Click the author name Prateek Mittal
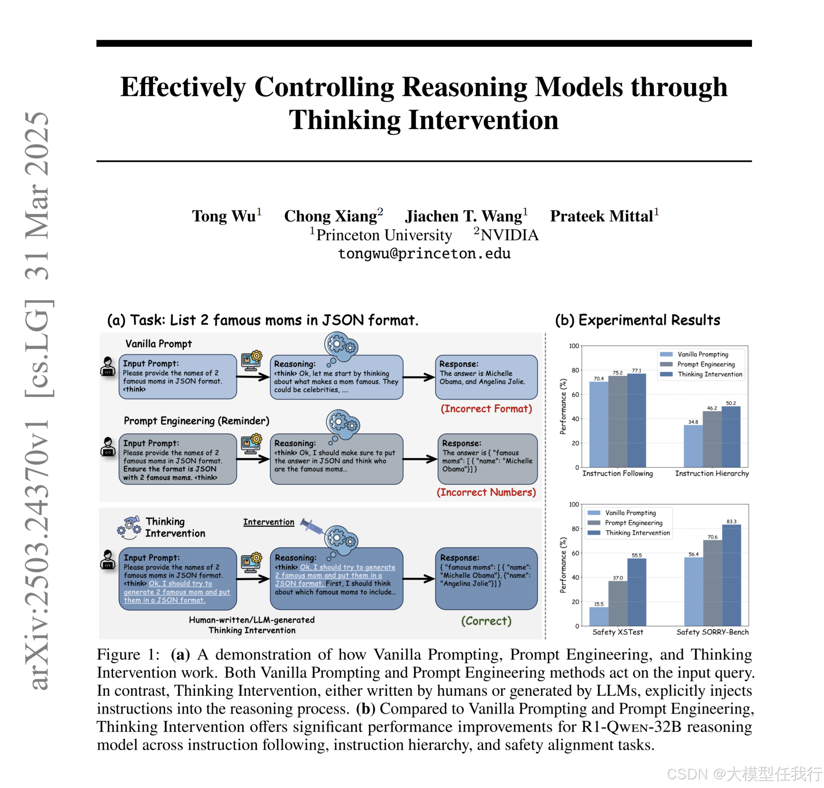click(x=601, y=216)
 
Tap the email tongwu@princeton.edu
click(x=424, y=254)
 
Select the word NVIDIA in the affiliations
click(x=509, y=235)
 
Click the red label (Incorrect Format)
click(x=486, y=409)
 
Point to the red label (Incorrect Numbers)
click(x=486, y=492)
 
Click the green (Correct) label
click(x=486, y=621)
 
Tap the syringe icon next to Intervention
click(x=311, y=526)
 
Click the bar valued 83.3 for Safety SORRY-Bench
click(x=731, y=575)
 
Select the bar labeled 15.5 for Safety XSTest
click(x=598, y=616)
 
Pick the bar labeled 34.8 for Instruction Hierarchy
click(x=693, y=446)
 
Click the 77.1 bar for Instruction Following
click(x=636, y=420)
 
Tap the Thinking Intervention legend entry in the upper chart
click(x=710, y=374)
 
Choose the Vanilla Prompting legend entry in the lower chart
click(x=630, y=513)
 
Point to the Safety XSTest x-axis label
click(x=617, y=632)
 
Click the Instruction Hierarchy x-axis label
click(x=712, y=473)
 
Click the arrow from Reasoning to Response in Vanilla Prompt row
click(x=419, y=377)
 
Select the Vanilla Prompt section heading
click(x=159, y=344)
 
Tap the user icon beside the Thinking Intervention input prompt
click(x=108, y=560)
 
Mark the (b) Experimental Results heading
click(x=637, y=320)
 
